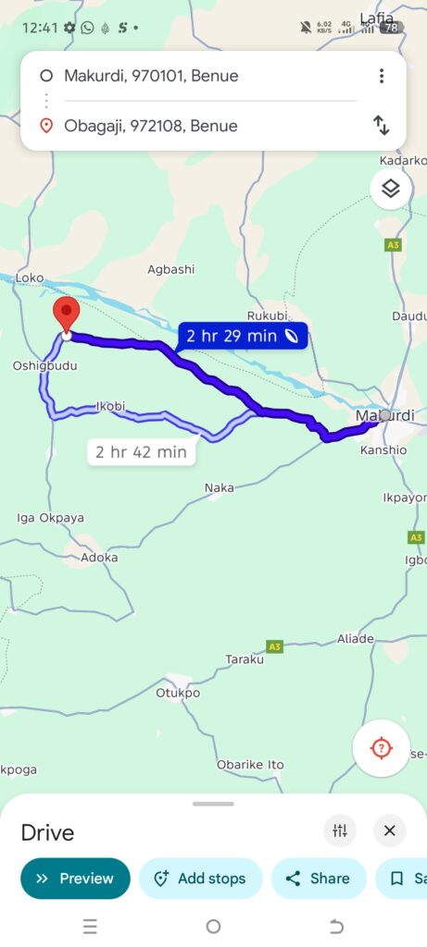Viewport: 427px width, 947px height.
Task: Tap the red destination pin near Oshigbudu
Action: coord(66,314)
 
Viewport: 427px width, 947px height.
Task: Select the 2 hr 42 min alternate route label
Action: coord(141,452)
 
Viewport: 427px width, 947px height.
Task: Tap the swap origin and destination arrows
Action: coord(381,125)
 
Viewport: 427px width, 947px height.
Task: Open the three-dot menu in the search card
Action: coord(381,76)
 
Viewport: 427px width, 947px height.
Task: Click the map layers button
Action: coord(391,189)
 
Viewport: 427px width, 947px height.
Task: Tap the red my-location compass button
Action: coord(381,747)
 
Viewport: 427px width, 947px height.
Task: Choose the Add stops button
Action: coord(200,879)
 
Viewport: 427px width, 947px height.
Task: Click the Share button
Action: coord(318,879)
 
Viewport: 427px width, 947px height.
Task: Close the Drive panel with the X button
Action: coord(390,830)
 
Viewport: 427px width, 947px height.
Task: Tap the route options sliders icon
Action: coord(340,830)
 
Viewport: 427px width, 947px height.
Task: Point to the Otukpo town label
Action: coord(178,693)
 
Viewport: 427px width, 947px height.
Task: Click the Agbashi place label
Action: coord(171,269)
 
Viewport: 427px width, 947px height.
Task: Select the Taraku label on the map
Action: coord(245,659)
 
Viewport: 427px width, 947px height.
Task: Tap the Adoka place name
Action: coord(99,558)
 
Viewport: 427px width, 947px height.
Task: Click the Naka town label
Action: coord(220,487)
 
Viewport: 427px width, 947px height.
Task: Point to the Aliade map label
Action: coord(356,639)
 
